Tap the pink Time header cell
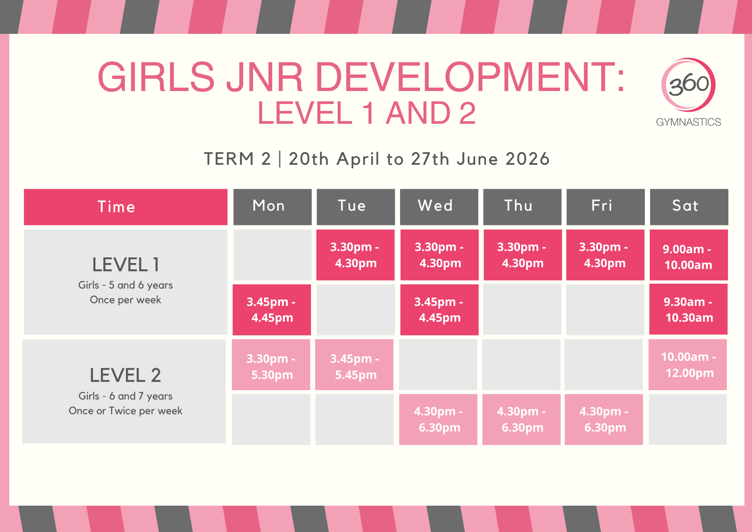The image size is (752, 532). pyautogui.click(x=126, y=207)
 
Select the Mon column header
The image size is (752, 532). pyautogui.click(x=272, y=207)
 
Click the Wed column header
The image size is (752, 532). pyautogui.click(x=439, y=207)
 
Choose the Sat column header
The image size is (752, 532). pyautogui.click(x=689, y=207)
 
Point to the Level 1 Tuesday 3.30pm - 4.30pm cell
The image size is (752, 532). pyautogui.click(x=355, y=255)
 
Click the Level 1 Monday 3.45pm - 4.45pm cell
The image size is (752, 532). pyautogui.click(x=272, y=310)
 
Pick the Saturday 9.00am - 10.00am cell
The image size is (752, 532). pyautogui.click(x=688, y=255)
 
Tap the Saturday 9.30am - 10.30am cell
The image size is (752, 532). pyautogui.click(x=688, y=309)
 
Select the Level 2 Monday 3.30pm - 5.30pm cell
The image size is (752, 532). pyautogui.click(x=271, y=365)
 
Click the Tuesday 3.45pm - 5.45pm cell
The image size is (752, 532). pyautogui.click(x=354, y=365)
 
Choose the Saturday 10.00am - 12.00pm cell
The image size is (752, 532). pyautogui.click(x=688, y=365)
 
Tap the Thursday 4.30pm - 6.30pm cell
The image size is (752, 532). pyautogui.click(x=522, y=420)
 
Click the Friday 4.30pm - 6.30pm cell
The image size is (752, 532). pyautogui.click(x=604, y=420)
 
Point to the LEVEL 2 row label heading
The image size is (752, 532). pyautogui.click(x=126, y=375)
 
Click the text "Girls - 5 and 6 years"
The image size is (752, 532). pyautogui.click(x=126, y=285)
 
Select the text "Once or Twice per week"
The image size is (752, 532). pyautogui.click(x=126, y=411)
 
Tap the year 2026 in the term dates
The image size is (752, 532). pyautogui.click(x=528, y=159)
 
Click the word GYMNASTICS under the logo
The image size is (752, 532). pyautogui.click(x=688, y=122)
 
